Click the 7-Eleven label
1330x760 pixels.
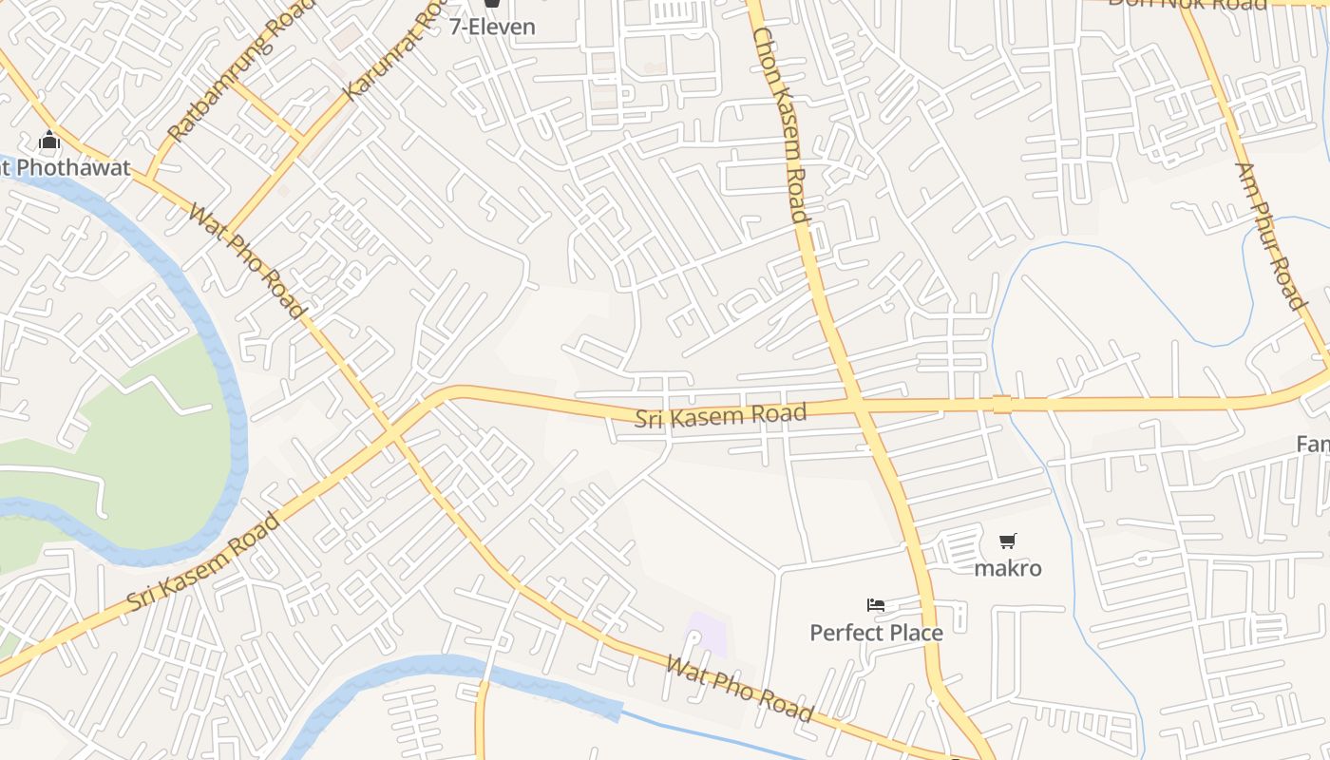point(492,27)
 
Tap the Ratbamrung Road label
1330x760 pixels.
point(228,78)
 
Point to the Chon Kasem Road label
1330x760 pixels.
point(780,124)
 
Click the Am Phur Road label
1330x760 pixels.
point(1269,236)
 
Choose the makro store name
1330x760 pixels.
point(1008,568)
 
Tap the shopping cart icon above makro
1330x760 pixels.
point(1008,541)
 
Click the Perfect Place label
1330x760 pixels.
point(876,633)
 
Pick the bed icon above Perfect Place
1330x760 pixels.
point(876,605)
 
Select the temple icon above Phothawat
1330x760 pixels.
point(49,142)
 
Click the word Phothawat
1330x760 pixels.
point(72,168)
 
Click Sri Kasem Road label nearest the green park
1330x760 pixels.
point(203,561)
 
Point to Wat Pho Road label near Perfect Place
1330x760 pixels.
point(739,689)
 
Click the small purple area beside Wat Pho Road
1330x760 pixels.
point(708,635)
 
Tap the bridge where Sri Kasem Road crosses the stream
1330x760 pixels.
point(1002,404)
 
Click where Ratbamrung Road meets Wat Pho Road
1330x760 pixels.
point(149,178)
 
